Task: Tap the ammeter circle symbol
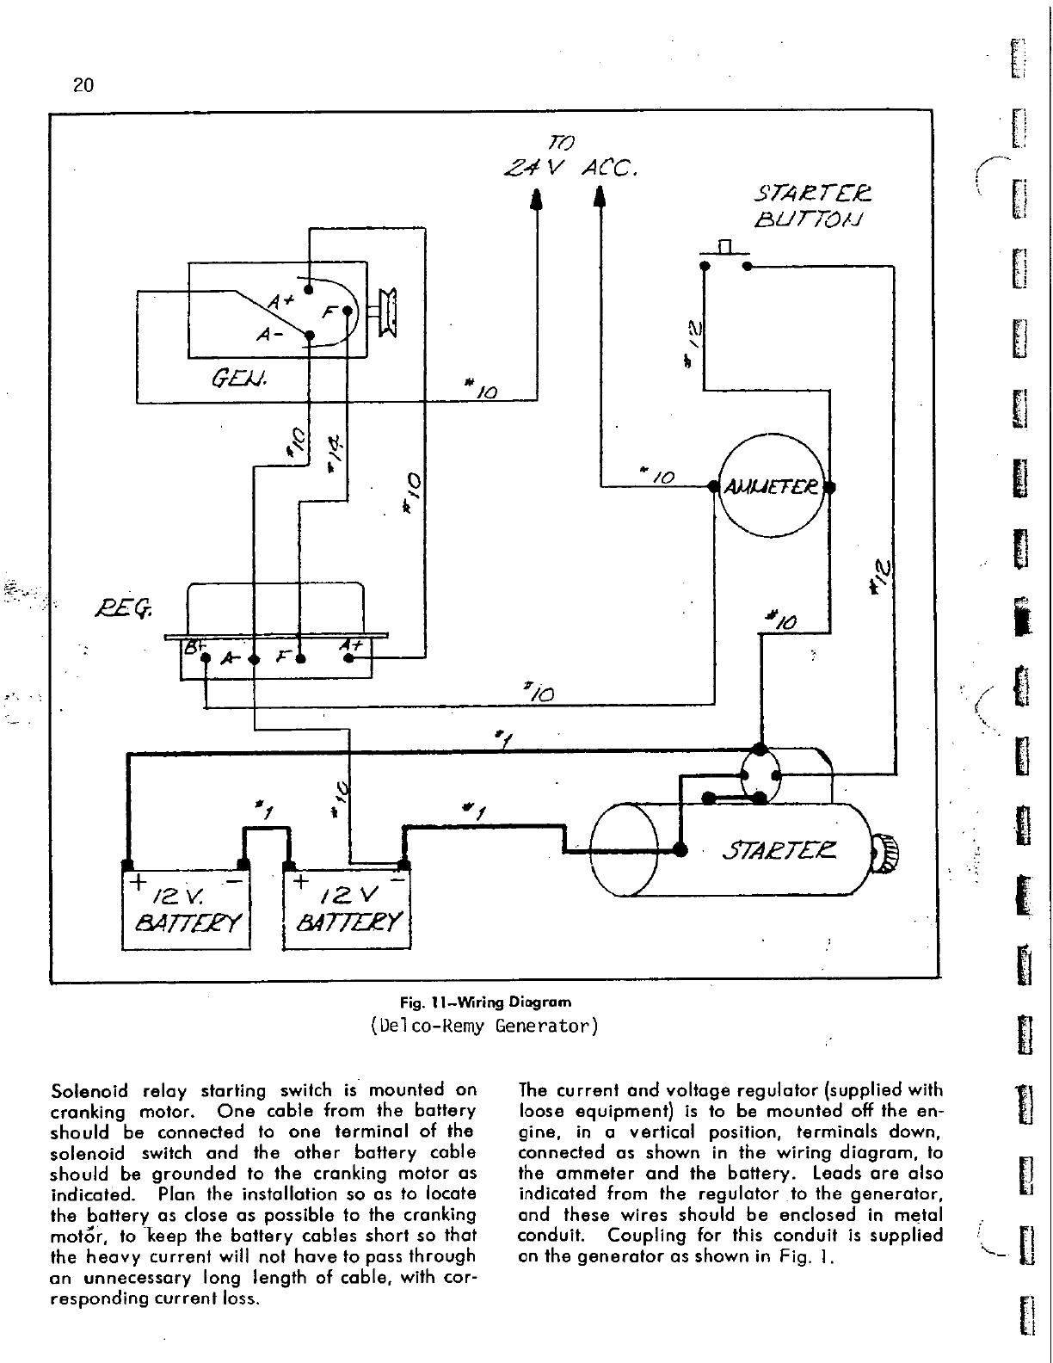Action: (x=772, y=487)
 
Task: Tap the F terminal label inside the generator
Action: (x=328, y=313)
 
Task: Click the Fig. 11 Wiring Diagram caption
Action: (x=485, y=1002)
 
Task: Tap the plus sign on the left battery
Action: (x=136, y=883)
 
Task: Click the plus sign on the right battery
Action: (x=299, y=883)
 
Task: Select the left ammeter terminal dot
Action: (x=712, y=487)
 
